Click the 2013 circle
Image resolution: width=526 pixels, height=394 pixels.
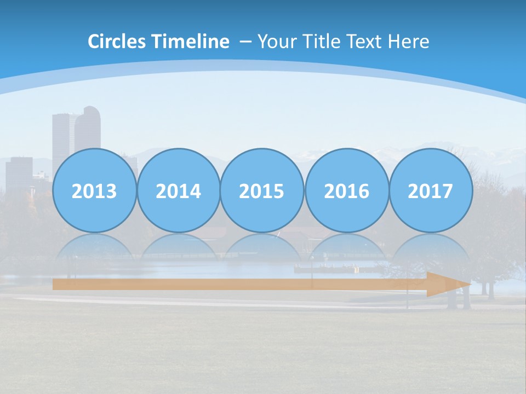94,190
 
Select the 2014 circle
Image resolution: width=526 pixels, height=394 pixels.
178,190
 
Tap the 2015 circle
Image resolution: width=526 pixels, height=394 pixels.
262,190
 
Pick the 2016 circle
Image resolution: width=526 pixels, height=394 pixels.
346,190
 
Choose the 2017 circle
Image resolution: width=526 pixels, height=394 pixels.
430,190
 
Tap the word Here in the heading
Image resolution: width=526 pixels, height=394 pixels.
408,42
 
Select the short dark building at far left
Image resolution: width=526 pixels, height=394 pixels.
19,172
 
